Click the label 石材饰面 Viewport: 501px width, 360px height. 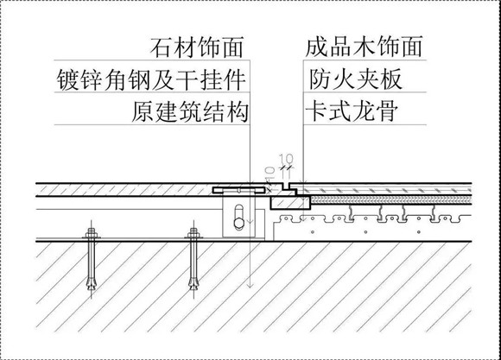click(x=197, y=47)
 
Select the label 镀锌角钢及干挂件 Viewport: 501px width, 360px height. click(x=151, y=79)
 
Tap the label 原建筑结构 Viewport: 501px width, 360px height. click(x=190, y=112)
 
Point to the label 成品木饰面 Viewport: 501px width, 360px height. click(x=364, y=47)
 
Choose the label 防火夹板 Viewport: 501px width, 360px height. click(x=355, y=79)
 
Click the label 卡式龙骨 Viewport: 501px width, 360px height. click(x=352, y=112)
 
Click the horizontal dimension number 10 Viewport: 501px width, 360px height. click(x=286, y=159)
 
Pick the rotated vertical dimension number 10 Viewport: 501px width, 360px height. click(x=270, y=173)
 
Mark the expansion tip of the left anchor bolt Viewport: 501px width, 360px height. click(x=92, y=283)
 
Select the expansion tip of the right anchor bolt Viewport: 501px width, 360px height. click(x=193, y=283)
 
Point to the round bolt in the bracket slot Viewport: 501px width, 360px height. click(x=238, y=224)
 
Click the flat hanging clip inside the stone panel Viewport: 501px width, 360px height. click(x=238, y=191)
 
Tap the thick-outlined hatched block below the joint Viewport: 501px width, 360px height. click(x=290, y=203)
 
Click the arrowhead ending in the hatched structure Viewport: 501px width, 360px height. click(x=250, y=284)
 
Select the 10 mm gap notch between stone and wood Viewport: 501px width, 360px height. click(x=286, y=186)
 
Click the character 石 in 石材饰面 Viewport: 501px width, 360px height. click(x=162, y=47)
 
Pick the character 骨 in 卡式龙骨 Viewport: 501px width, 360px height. click(x=387, y=112)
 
